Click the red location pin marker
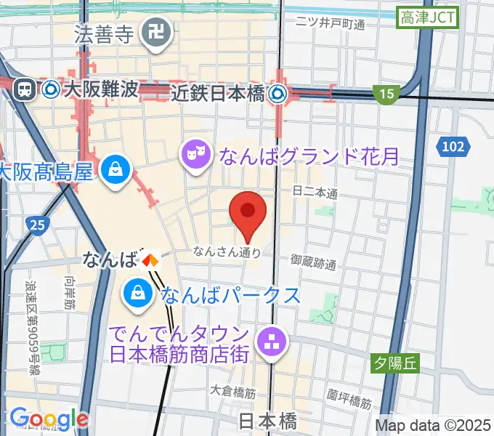pyautogui.click(x=247, y=212)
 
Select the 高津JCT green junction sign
pyautogui.click(x=429, y=18)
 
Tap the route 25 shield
pyautogui.click(x=34, y=225)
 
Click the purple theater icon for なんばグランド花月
pyautogui.click(x=194, y=153)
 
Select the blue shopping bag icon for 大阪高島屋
pyautogui.click(x=116, y=171)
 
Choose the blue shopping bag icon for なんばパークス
pyautogui.click(x=137, y=294)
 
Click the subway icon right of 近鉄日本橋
pyautogui.click(x=278, y=93)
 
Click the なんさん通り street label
pyautogui.click(x=226, y=252)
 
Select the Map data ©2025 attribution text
pyautogui.click(x=432, y=424)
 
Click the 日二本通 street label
pyautogui.click(x=315, y=193)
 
